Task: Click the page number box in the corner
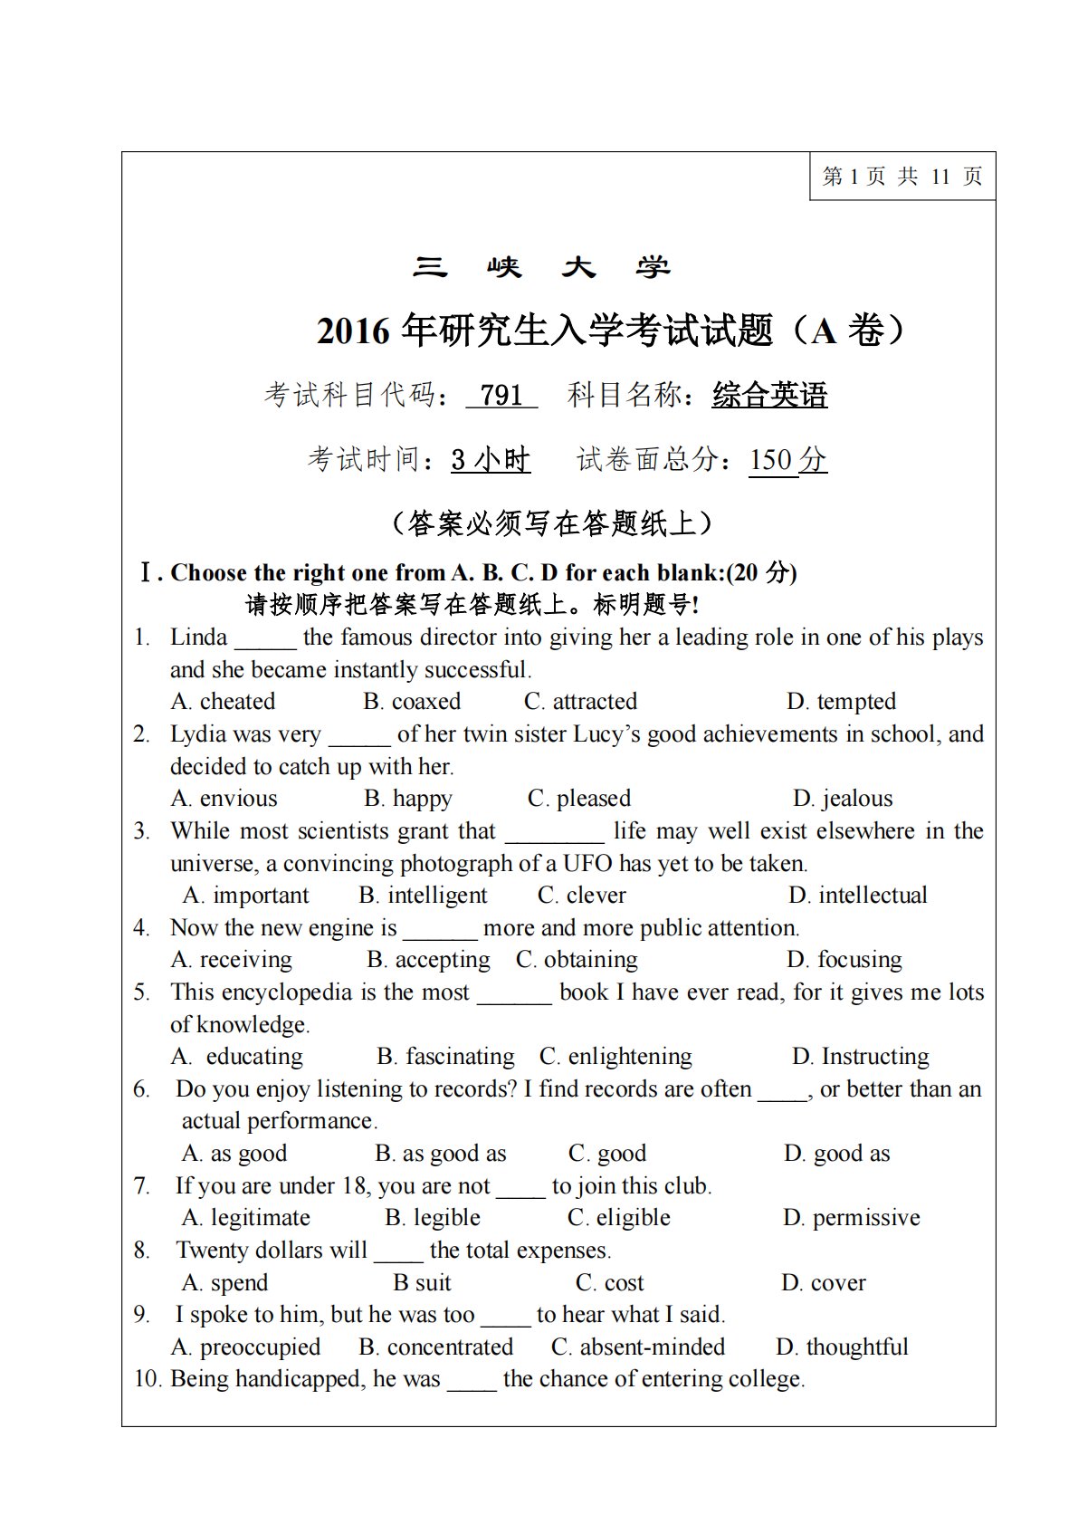902,177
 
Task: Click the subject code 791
501,396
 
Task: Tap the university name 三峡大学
541,268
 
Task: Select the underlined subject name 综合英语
769,396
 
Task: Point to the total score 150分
787,460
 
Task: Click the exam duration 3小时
491,460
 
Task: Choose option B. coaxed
412,702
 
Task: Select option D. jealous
843,799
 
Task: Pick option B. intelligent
423,896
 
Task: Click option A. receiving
232,960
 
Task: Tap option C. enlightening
615,1057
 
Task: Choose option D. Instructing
860,1057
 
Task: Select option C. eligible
619,1218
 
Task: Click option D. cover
824,1283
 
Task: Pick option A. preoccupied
245,1347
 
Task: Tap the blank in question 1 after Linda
265,639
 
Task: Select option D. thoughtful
842,1347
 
